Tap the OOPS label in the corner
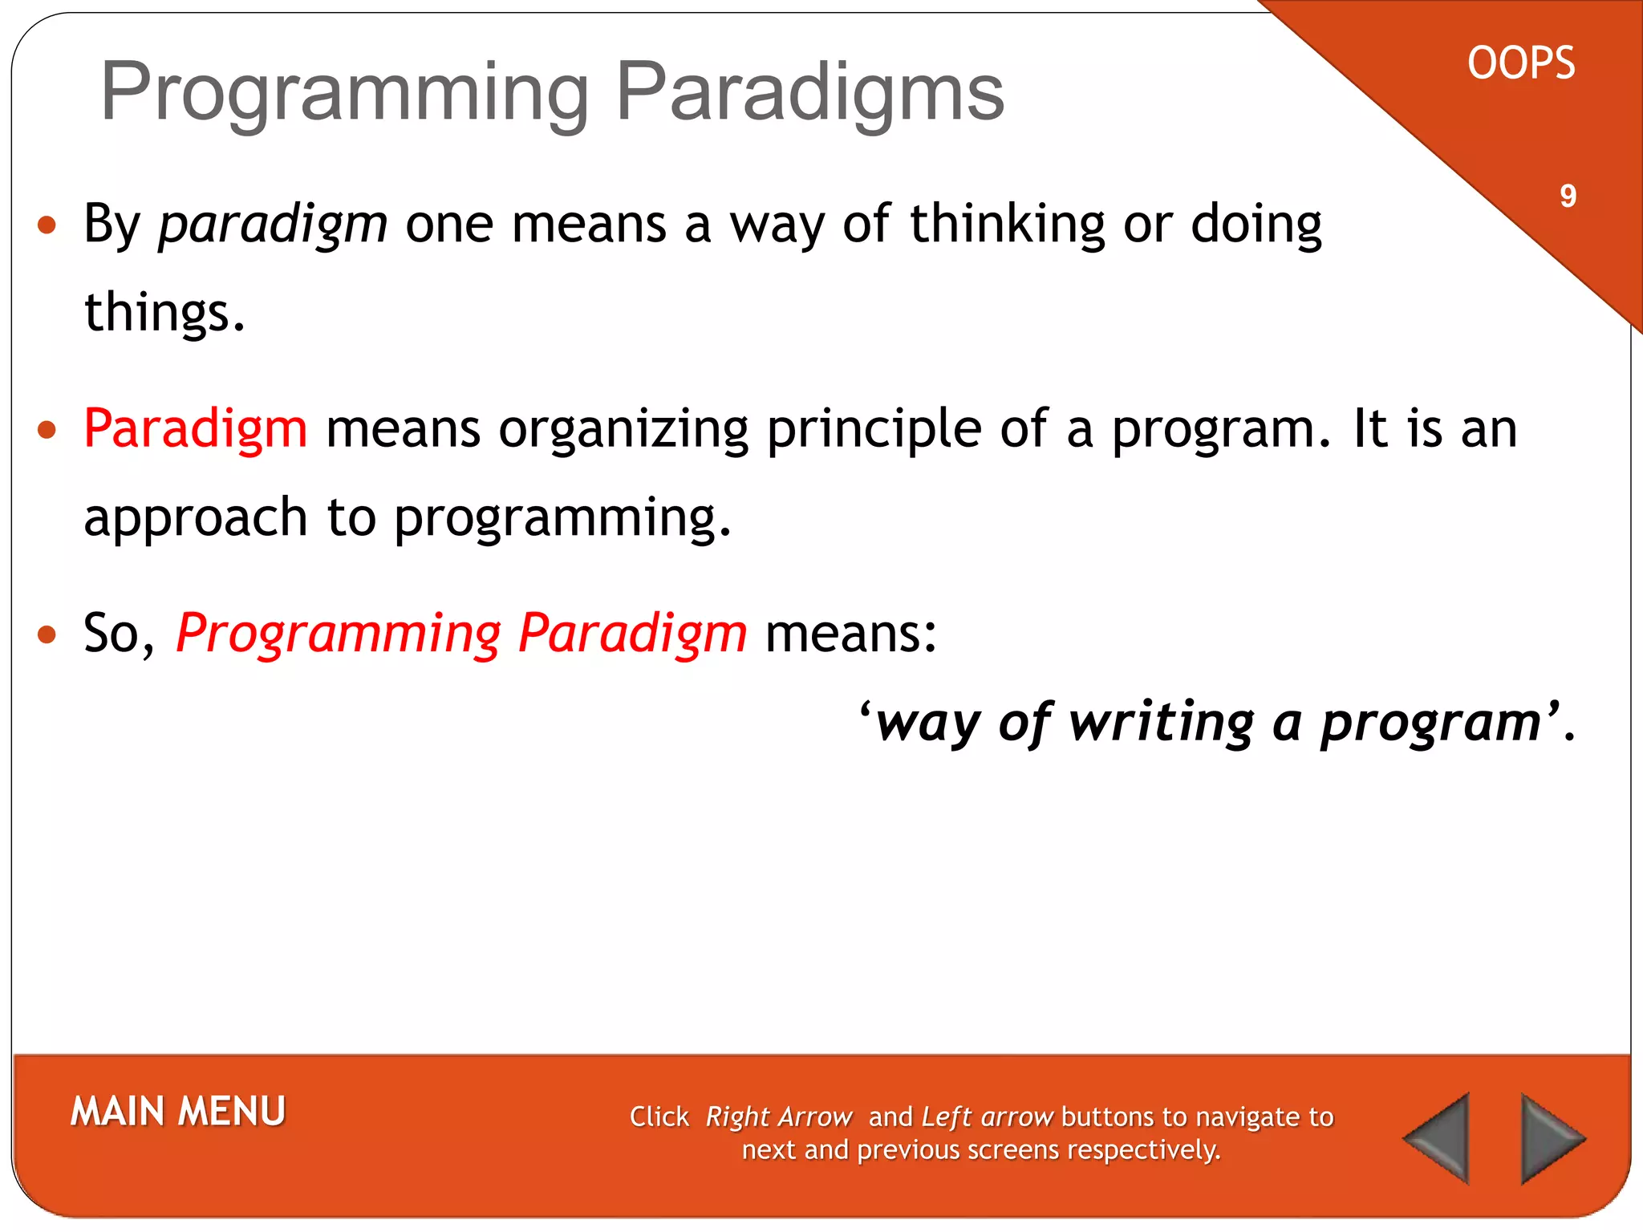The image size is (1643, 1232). click(x=1521, y=63)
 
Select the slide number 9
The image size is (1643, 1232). click(x=1568, y=196)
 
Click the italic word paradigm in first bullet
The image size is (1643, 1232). click(x=273, y=225)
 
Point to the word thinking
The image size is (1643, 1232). click(x=1008, y=224)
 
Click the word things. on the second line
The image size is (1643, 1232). click(x=164, y=313)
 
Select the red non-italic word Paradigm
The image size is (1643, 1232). click(x=196, y=429)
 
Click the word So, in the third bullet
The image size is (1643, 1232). click(x=119, y=634)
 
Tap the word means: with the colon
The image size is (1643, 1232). click(x=851, y=634)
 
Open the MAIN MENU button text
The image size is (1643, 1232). click(x=178, y=1112)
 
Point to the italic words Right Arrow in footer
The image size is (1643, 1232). click(x=778, y=1117)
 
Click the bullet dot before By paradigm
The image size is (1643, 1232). click(x=47, y=225)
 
